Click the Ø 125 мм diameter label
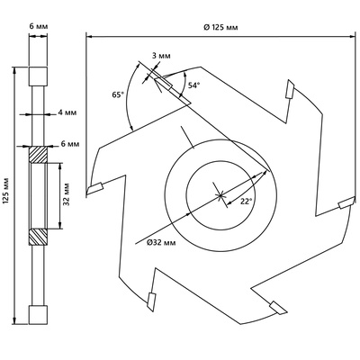[220, 27]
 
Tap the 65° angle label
[118, 94]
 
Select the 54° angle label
[193, 85]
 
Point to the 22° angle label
[246, 202]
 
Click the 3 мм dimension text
[161, 56]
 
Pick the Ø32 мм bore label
[161, 242]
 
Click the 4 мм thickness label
[67, 112]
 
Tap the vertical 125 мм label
[7, 194]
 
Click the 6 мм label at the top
[39, 26]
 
